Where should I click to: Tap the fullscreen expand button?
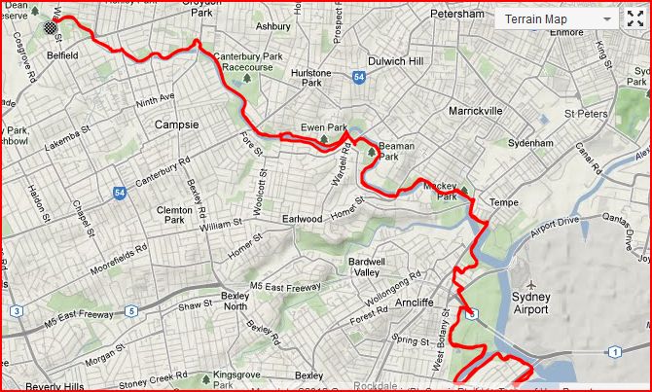coord(635,18)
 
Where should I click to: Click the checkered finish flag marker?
coord(50,27)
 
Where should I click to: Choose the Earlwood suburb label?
coord(302,219)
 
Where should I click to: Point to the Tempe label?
coord(504,201)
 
